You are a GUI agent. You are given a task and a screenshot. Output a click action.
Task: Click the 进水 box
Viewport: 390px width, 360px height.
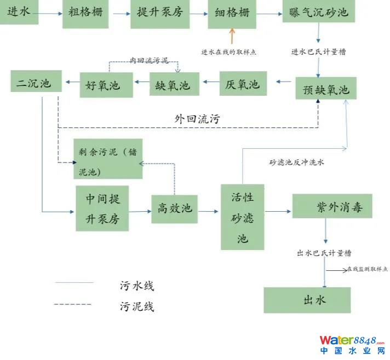19,12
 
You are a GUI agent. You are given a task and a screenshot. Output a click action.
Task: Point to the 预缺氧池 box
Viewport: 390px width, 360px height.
325,88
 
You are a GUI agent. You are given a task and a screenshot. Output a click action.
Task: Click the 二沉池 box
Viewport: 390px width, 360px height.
34,83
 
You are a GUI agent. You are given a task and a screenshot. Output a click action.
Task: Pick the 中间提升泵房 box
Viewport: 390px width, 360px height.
102,208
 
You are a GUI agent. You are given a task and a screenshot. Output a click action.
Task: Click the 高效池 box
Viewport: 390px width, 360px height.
175,208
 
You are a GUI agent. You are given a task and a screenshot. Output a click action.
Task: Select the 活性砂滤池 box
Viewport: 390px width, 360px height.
243,216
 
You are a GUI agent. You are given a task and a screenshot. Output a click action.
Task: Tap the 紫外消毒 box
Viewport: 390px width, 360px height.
332,206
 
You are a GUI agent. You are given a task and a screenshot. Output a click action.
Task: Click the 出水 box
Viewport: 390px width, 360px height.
306,300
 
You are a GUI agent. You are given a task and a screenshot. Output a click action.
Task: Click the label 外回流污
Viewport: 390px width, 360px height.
197,118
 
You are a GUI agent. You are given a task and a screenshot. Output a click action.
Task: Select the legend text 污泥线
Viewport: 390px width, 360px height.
137,305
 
